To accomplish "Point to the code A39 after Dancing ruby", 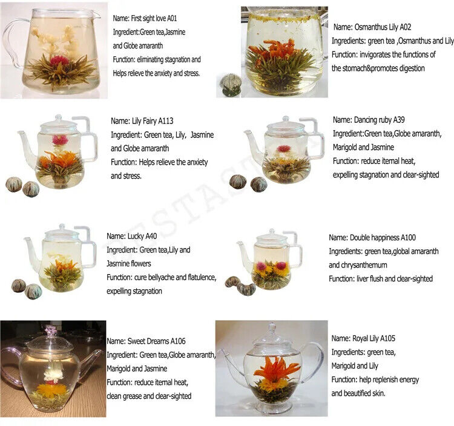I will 404,120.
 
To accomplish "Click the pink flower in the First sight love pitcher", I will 59,60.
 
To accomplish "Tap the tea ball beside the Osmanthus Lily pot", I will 231,84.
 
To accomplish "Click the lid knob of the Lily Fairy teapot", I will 58,119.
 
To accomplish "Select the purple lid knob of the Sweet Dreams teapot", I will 51,331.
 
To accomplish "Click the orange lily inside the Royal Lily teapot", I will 275,369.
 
